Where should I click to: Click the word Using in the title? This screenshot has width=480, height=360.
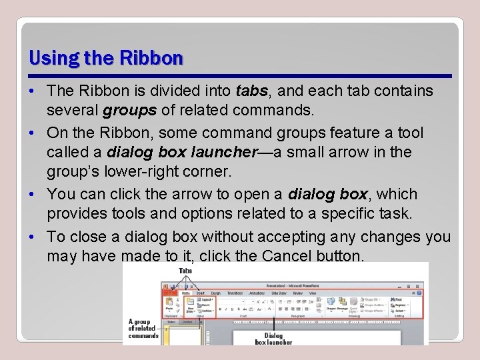pyautogui.click(x=53, y=59)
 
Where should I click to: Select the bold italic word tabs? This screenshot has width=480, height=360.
pyautogui.click(x=251, y=91)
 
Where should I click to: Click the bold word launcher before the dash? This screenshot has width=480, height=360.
pyautogui.click(x=223, y=152)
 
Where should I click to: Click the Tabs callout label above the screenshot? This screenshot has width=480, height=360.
pyautogui.click(x=185, y=271)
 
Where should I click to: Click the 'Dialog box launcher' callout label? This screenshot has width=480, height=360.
pyautogui.click(x=273, y=339)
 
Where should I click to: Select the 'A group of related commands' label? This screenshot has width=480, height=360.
pyautogui.click(x=143, y=328)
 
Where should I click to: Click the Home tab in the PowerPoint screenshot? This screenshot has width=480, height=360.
pyautogui.click(x=187, y=293)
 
